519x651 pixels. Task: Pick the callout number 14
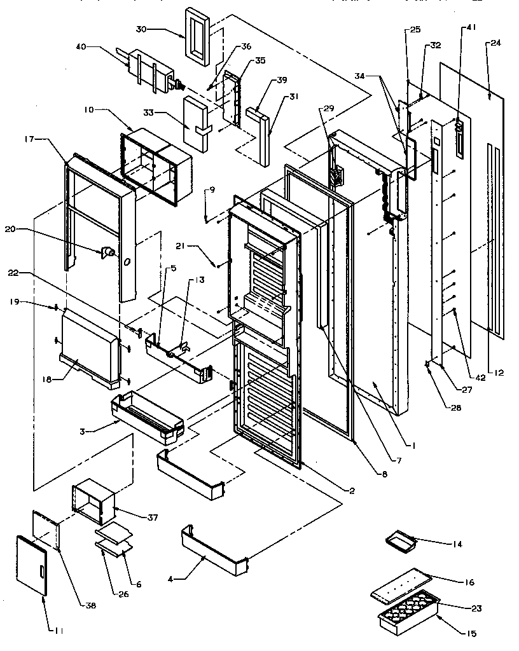(x=457, y=544)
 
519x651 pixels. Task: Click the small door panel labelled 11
(x=31, y=565)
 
